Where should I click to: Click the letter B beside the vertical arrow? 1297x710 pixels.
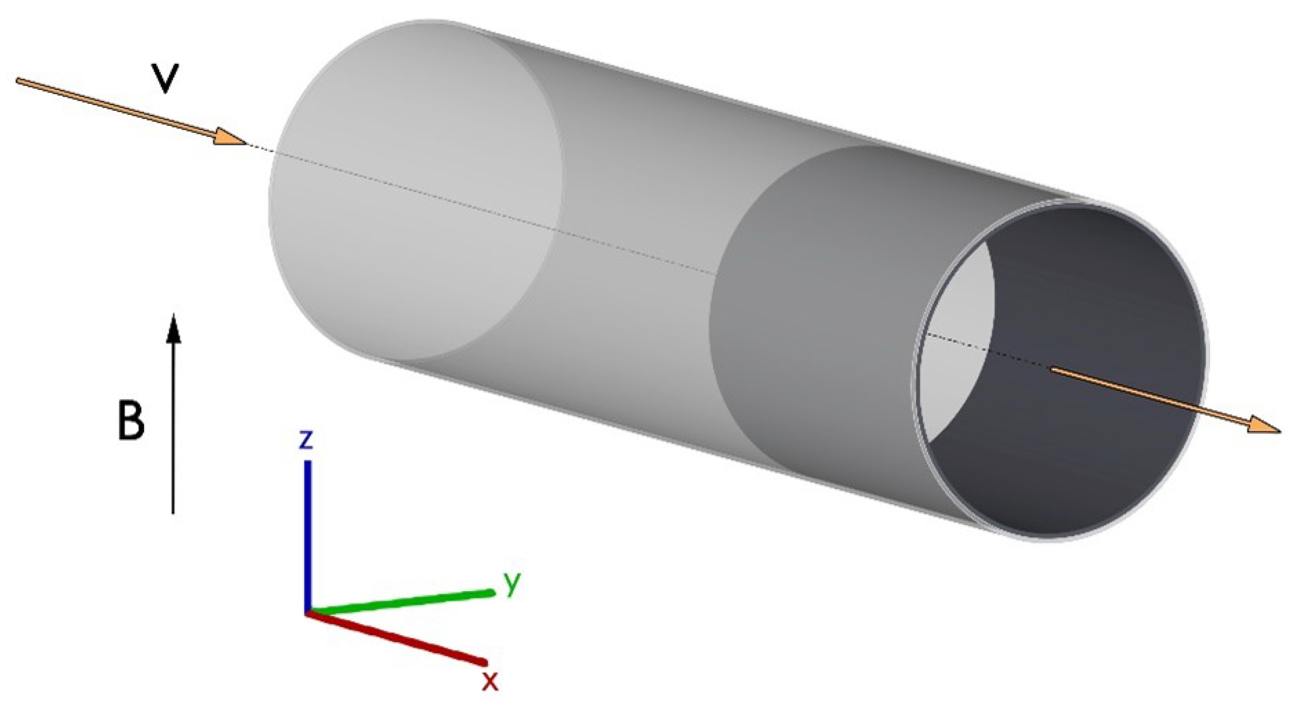130,419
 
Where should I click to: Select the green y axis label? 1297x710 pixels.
512,584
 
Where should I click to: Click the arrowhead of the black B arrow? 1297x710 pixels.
173,324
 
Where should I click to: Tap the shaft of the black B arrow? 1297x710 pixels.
173,430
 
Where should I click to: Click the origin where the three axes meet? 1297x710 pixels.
307,613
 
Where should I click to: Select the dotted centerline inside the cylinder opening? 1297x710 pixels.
986,350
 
